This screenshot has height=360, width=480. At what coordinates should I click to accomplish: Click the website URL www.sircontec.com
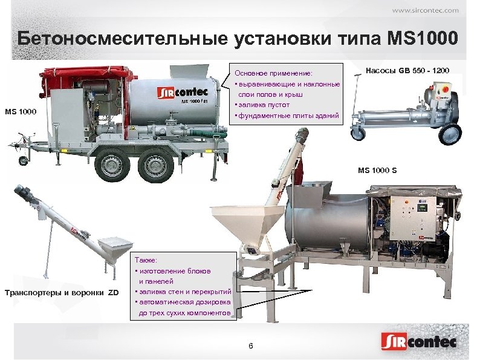425,10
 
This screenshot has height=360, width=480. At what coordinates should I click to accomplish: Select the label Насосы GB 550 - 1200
408,71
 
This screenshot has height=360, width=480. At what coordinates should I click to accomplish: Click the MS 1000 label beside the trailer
21,112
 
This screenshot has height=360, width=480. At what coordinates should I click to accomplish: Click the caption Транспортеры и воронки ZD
62,293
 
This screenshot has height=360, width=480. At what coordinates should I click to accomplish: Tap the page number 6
251,345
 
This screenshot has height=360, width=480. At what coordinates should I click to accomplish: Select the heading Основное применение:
273,74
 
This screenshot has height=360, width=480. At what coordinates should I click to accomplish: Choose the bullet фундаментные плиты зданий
287,115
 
